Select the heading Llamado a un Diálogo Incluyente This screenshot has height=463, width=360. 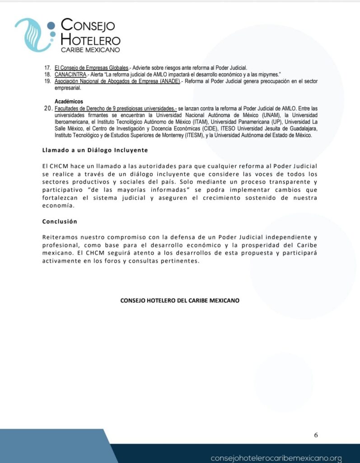click(x=95, y=150)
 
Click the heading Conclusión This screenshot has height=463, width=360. click(x=60, y=222)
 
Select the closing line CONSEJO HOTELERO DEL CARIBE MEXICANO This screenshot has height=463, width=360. click(x=180, y=300)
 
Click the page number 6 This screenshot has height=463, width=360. click(x=316, y=435)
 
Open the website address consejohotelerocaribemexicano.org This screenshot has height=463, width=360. click(x=276, y=457)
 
